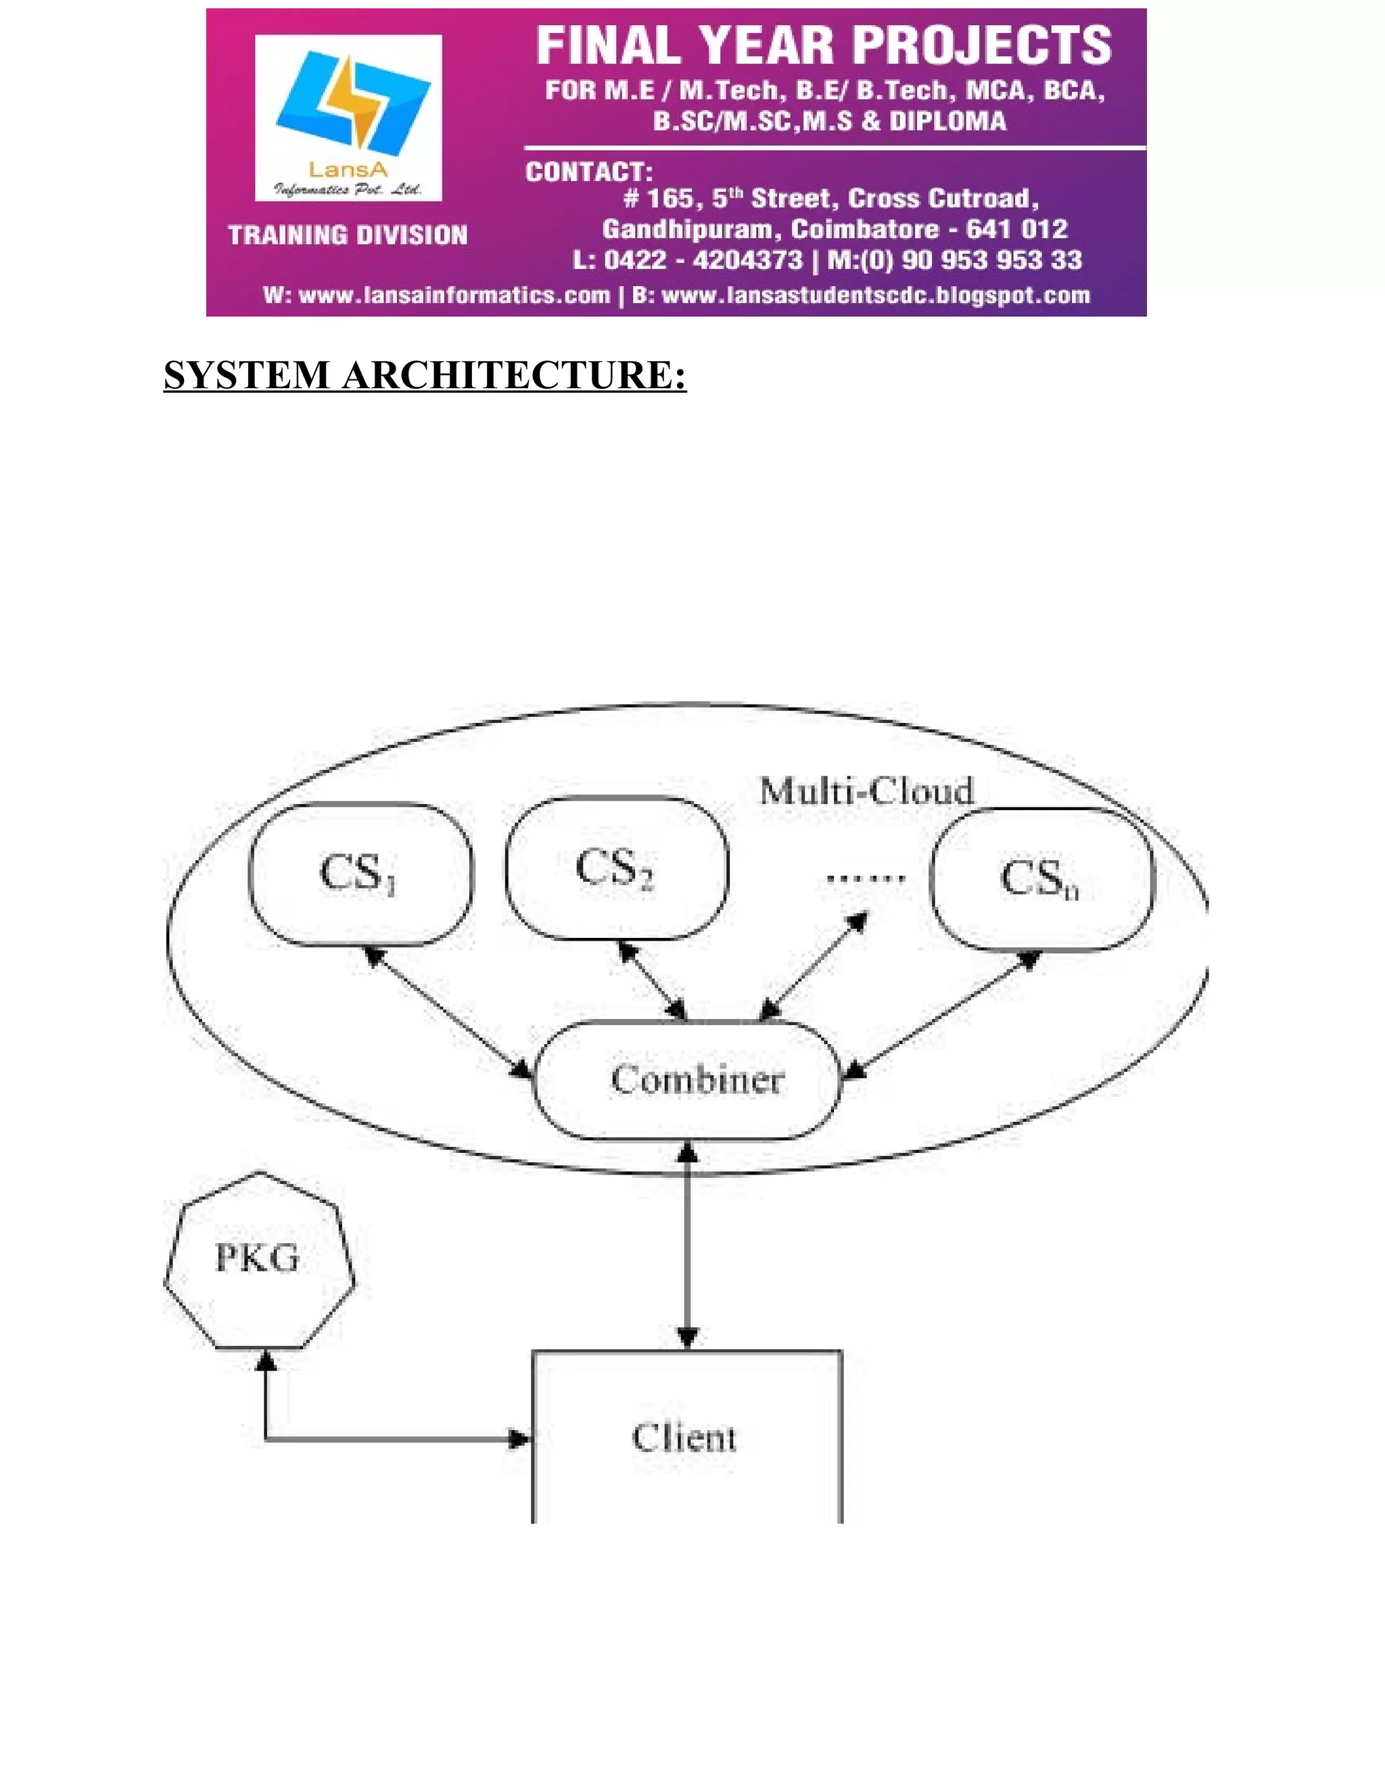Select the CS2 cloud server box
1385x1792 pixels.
[x=616, y=868]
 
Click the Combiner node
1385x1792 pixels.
[x=688, y=1080]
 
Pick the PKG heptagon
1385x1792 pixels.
[x=258, y=1260]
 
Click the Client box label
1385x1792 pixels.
[x=684, y=1438]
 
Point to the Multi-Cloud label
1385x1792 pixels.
[x=866, y=792]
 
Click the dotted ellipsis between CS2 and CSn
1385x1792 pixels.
[x=865, y=878]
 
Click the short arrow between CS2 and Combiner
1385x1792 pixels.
[x=653, y=981]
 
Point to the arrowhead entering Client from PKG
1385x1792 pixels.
[x=519, y=1439]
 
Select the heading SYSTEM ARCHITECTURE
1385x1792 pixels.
[x=424, y=376]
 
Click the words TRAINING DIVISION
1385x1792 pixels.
[x=347, y=235]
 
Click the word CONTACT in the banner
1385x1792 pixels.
[x=588, y=172]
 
